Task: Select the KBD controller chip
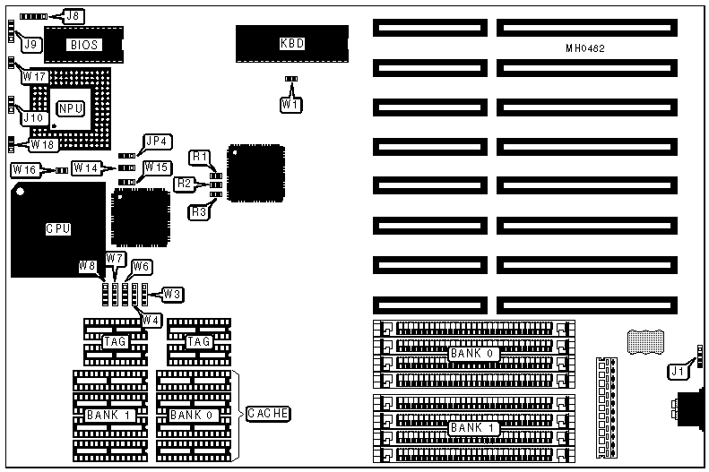291,43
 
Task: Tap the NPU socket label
70,108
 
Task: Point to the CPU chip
57,228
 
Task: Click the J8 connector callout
73,15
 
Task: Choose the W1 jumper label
290,105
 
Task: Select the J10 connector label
32,116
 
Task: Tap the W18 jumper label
44,143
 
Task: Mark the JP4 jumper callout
158,142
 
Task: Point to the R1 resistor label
200,158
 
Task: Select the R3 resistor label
200,211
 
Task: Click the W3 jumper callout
171,294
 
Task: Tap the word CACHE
266,413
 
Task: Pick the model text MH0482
585,47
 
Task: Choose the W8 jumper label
86,265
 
